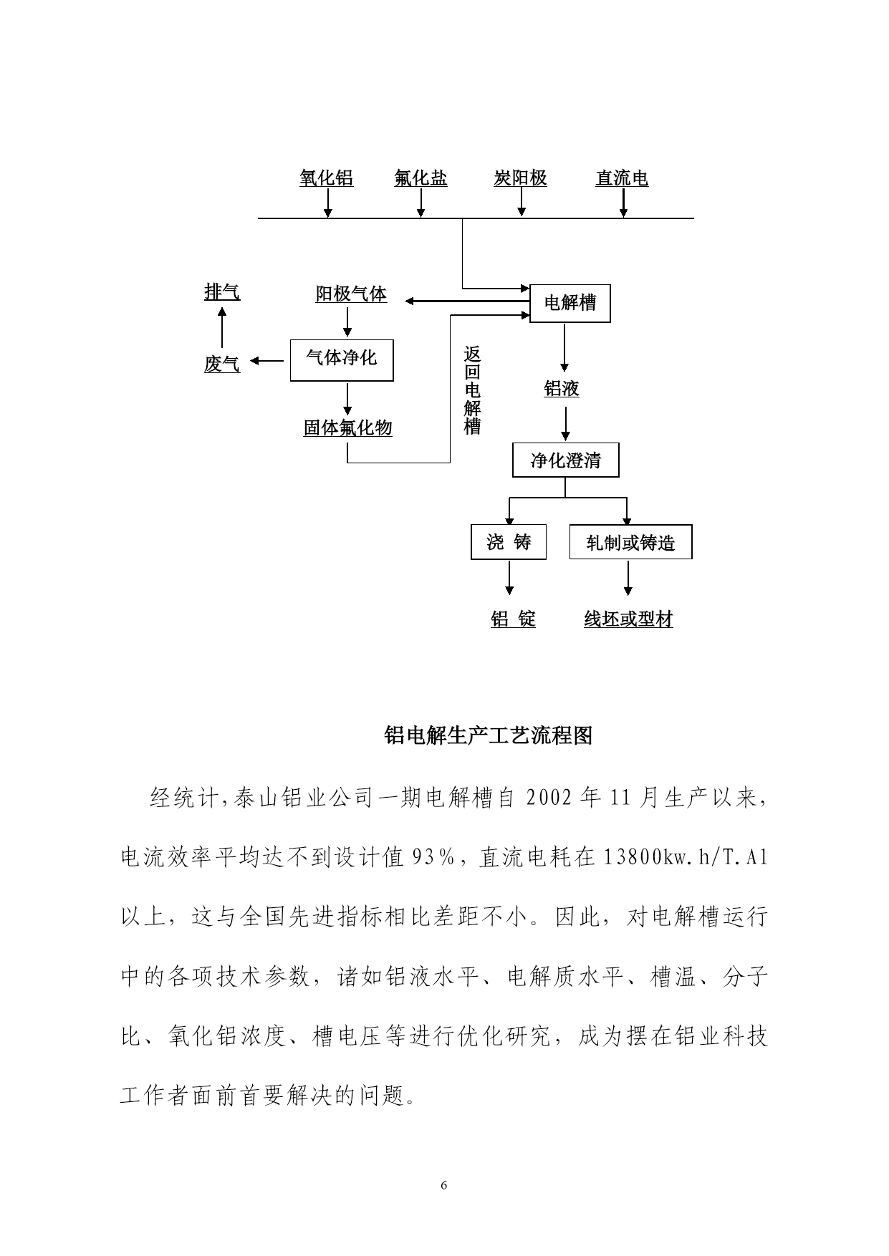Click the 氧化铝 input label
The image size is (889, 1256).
[x=327, y=178]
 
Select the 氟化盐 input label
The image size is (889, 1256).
[x=421, y=178]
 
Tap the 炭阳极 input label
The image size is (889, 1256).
[x=521, y=178]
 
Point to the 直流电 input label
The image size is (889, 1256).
[x=622, y=178]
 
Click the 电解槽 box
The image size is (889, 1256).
[x=570, y=303]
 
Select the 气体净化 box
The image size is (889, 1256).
[x=342, y=359]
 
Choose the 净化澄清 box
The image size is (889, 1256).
[x=566, y=460]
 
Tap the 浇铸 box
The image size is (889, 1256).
[x=509, y=542]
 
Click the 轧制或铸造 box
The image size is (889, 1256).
[x=631, y=542]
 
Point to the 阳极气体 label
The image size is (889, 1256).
[x=351, y=294]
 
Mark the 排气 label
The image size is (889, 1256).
[x=222, y=292]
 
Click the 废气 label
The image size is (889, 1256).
[x=222, y=364]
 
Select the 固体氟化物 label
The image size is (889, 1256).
[x=348, y=428]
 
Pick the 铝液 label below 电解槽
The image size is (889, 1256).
[x=562, y=389]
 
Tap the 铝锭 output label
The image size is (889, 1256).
[x=513, y=619]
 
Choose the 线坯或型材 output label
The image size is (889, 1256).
[x=629, y=619]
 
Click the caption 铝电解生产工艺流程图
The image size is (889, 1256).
[x=489, y=735]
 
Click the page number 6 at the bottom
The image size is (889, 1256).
[x=444, y=1186]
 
